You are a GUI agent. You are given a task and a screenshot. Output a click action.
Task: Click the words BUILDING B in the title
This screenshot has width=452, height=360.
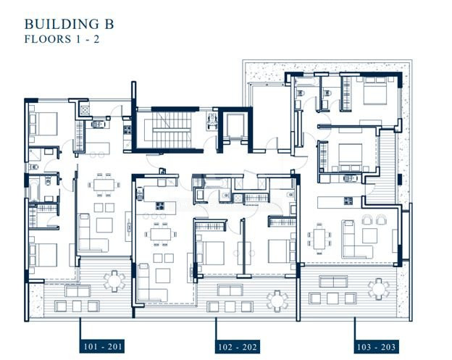70,24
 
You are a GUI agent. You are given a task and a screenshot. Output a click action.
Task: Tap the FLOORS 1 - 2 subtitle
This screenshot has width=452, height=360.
62,39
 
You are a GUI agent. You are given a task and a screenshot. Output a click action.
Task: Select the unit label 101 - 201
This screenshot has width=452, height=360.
102,346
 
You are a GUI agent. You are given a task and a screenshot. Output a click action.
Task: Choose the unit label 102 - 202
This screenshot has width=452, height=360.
238,346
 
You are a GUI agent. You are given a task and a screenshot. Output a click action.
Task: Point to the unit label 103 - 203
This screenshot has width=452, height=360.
376,346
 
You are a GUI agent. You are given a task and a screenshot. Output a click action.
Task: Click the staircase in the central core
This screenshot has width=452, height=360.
172,130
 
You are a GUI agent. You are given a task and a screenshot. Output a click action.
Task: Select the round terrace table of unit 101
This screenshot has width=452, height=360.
114,280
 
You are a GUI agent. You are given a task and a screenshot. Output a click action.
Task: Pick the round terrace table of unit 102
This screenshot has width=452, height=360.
277,301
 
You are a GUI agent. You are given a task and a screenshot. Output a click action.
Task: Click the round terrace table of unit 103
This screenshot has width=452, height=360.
379,289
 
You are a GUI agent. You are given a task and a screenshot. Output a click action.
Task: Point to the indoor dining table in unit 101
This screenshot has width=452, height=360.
104,185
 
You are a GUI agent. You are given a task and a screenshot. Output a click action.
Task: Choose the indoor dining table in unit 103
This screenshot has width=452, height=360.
319,239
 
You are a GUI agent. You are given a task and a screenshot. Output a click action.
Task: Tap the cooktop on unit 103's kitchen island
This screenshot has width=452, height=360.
348,201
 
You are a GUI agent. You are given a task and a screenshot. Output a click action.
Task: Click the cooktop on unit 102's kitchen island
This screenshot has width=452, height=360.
160,206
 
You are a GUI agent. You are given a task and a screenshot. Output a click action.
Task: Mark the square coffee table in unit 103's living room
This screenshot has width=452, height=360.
369,235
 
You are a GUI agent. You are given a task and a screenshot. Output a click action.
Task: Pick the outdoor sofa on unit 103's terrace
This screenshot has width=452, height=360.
333,281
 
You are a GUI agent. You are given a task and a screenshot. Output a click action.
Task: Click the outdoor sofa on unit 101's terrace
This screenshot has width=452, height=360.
78,290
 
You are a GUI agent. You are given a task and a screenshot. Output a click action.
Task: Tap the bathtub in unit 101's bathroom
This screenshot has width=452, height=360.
34,190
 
